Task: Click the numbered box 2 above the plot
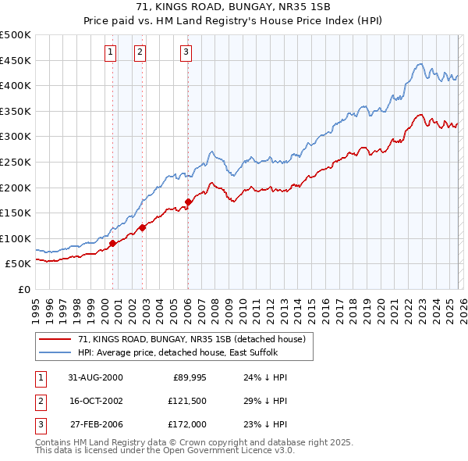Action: point(140,52)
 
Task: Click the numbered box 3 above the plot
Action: point(186,52)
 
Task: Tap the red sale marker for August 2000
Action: point(113,243)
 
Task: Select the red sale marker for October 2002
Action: point(143,227)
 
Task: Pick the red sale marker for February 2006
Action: point(189,202)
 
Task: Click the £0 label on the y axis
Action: point(23,289)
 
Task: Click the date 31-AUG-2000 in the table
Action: point(95,377)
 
